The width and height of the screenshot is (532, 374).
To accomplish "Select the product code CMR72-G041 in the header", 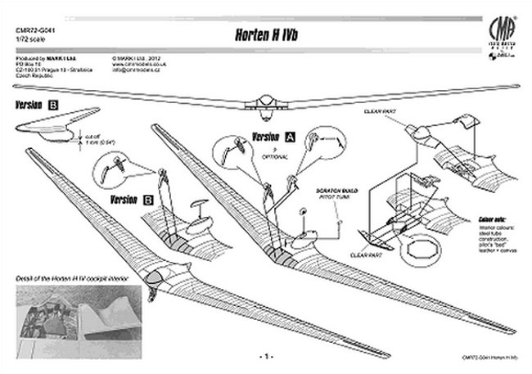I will tap(33, 32).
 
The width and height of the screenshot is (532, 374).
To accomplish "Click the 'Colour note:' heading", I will tap(493, 219).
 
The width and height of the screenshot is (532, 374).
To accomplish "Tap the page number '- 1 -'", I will tap(264, 357).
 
